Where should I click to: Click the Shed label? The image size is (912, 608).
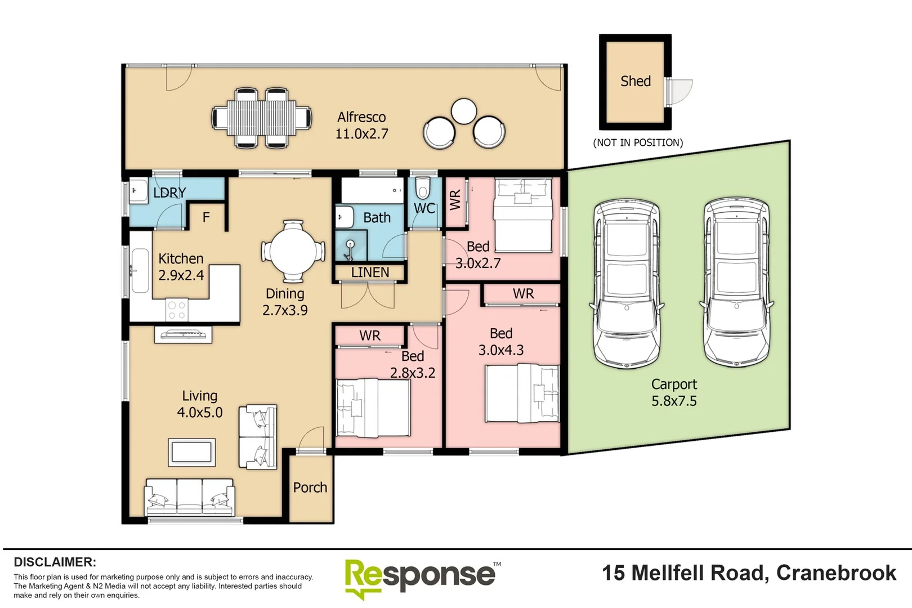(635, 81)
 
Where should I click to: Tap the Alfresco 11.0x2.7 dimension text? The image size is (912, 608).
(361, 134)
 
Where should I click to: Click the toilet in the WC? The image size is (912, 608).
(423, 187)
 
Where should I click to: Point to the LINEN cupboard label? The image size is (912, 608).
(370, 272)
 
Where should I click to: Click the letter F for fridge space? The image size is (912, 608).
(206, 217)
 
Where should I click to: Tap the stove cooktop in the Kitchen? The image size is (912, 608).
(176, 310)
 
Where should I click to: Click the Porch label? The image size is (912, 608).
(310, 488)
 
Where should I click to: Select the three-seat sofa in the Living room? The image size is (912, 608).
(189, 497)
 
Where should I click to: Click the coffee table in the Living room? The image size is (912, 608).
(191, 452)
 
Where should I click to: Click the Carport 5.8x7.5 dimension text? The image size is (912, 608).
(674, 401)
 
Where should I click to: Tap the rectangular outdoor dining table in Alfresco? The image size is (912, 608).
(262, 118)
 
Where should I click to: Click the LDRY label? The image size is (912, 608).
(169, 193)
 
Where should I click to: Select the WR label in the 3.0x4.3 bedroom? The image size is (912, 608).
(523, 293)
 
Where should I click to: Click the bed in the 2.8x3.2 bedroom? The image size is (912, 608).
(372, 408)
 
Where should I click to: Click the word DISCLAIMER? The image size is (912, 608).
(55, 562)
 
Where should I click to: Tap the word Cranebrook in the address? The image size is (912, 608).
(836, 573)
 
